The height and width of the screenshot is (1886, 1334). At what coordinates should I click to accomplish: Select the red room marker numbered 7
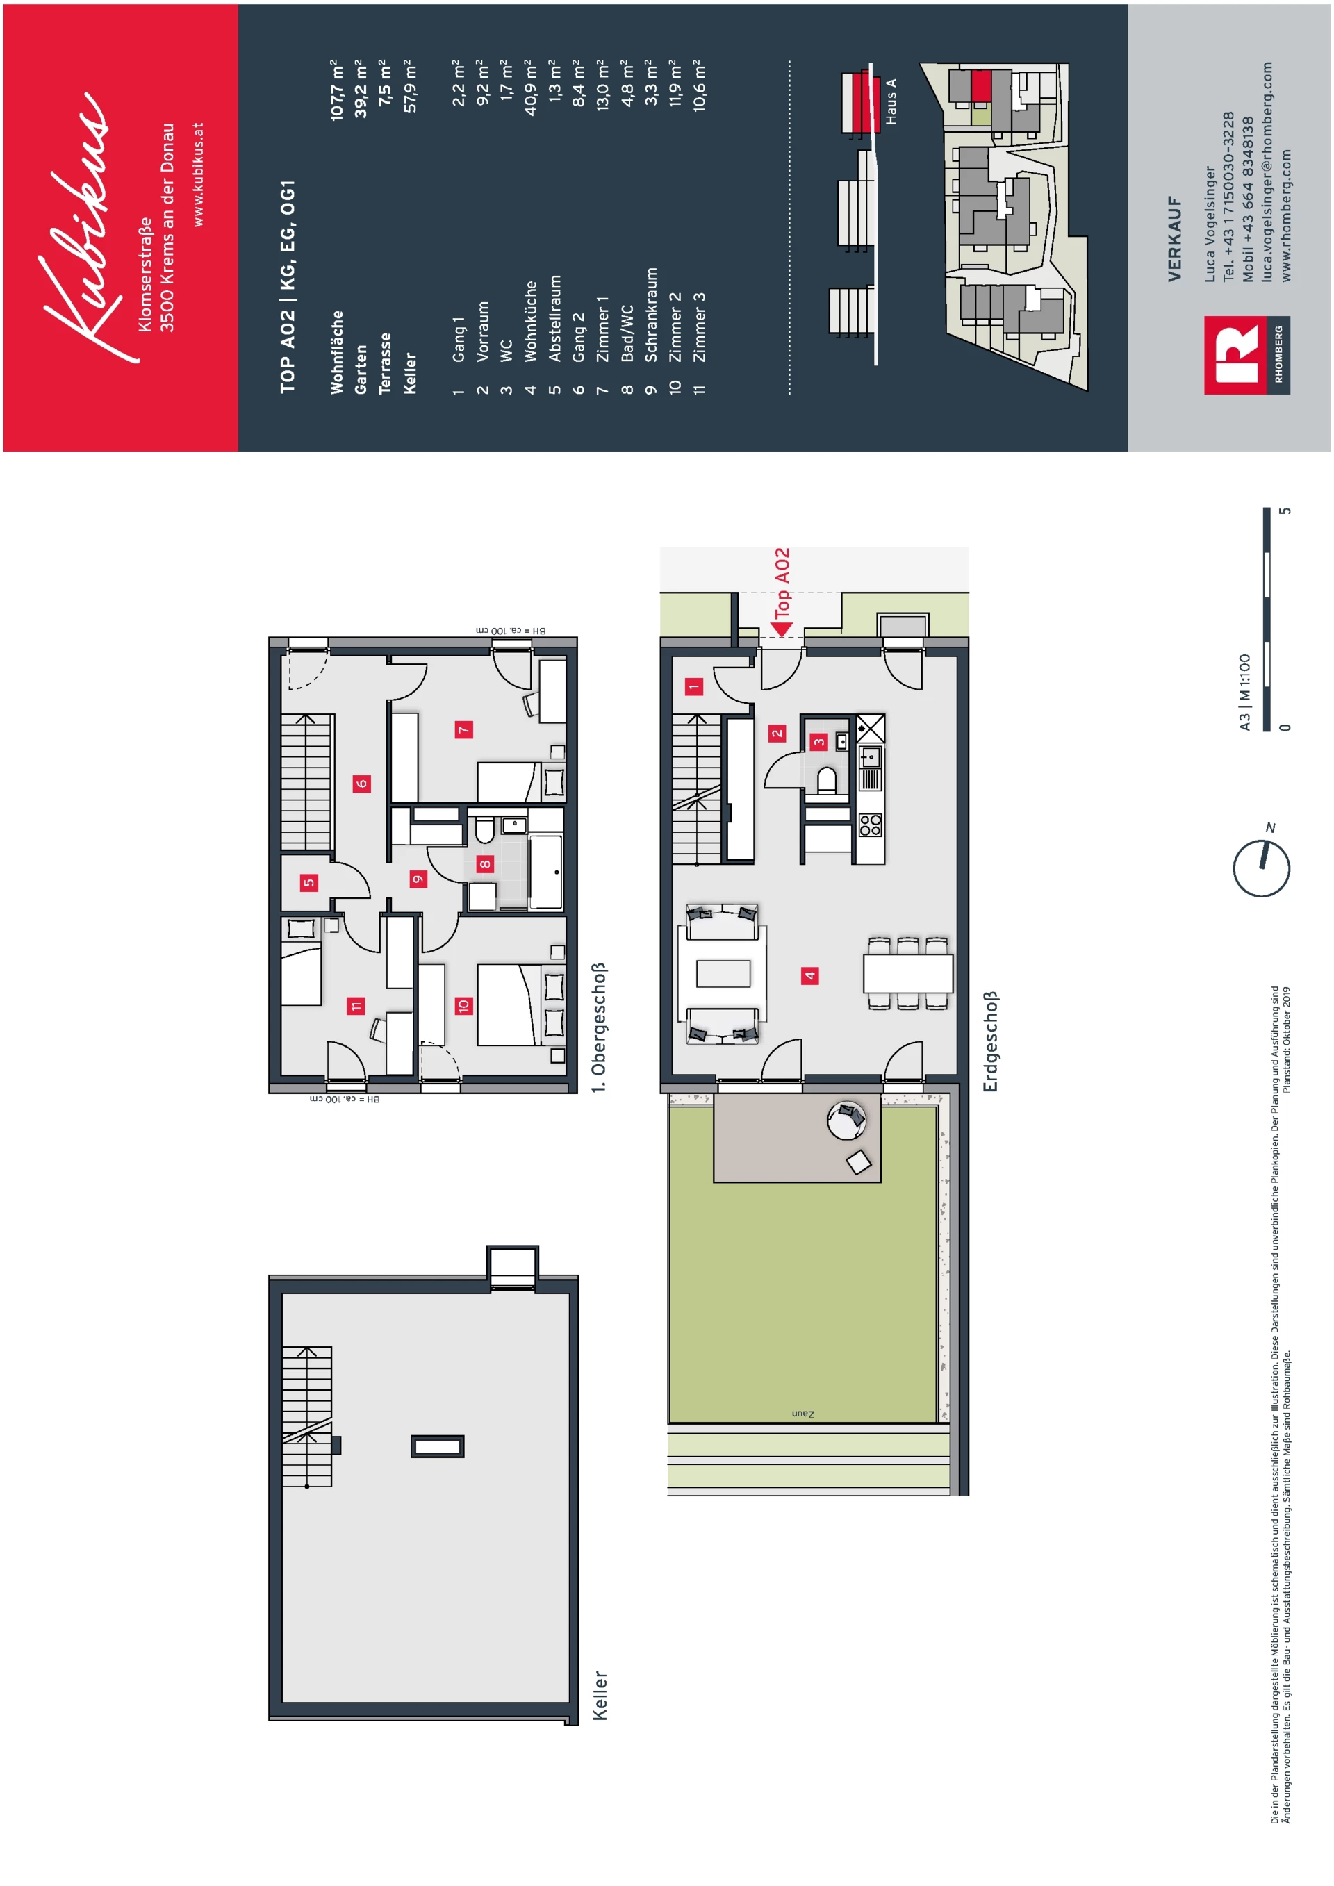[x=463, y=729]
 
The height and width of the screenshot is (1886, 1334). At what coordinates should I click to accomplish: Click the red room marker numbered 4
[x=810, y=976]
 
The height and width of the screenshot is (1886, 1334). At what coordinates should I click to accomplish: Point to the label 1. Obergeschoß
[x=599, y=1027]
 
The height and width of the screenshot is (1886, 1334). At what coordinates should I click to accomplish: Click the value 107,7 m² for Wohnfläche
[x=337, y=90]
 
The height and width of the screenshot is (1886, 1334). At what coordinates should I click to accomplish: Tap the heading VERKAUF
[x=1175, y=239]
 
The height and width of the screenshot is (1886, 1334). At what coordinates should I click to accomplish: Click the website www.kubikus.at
[x=197, y=175]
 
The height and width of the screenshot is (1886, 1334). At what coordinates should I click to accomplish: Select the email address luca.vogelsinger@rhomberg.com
[x=1267, y=172]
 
